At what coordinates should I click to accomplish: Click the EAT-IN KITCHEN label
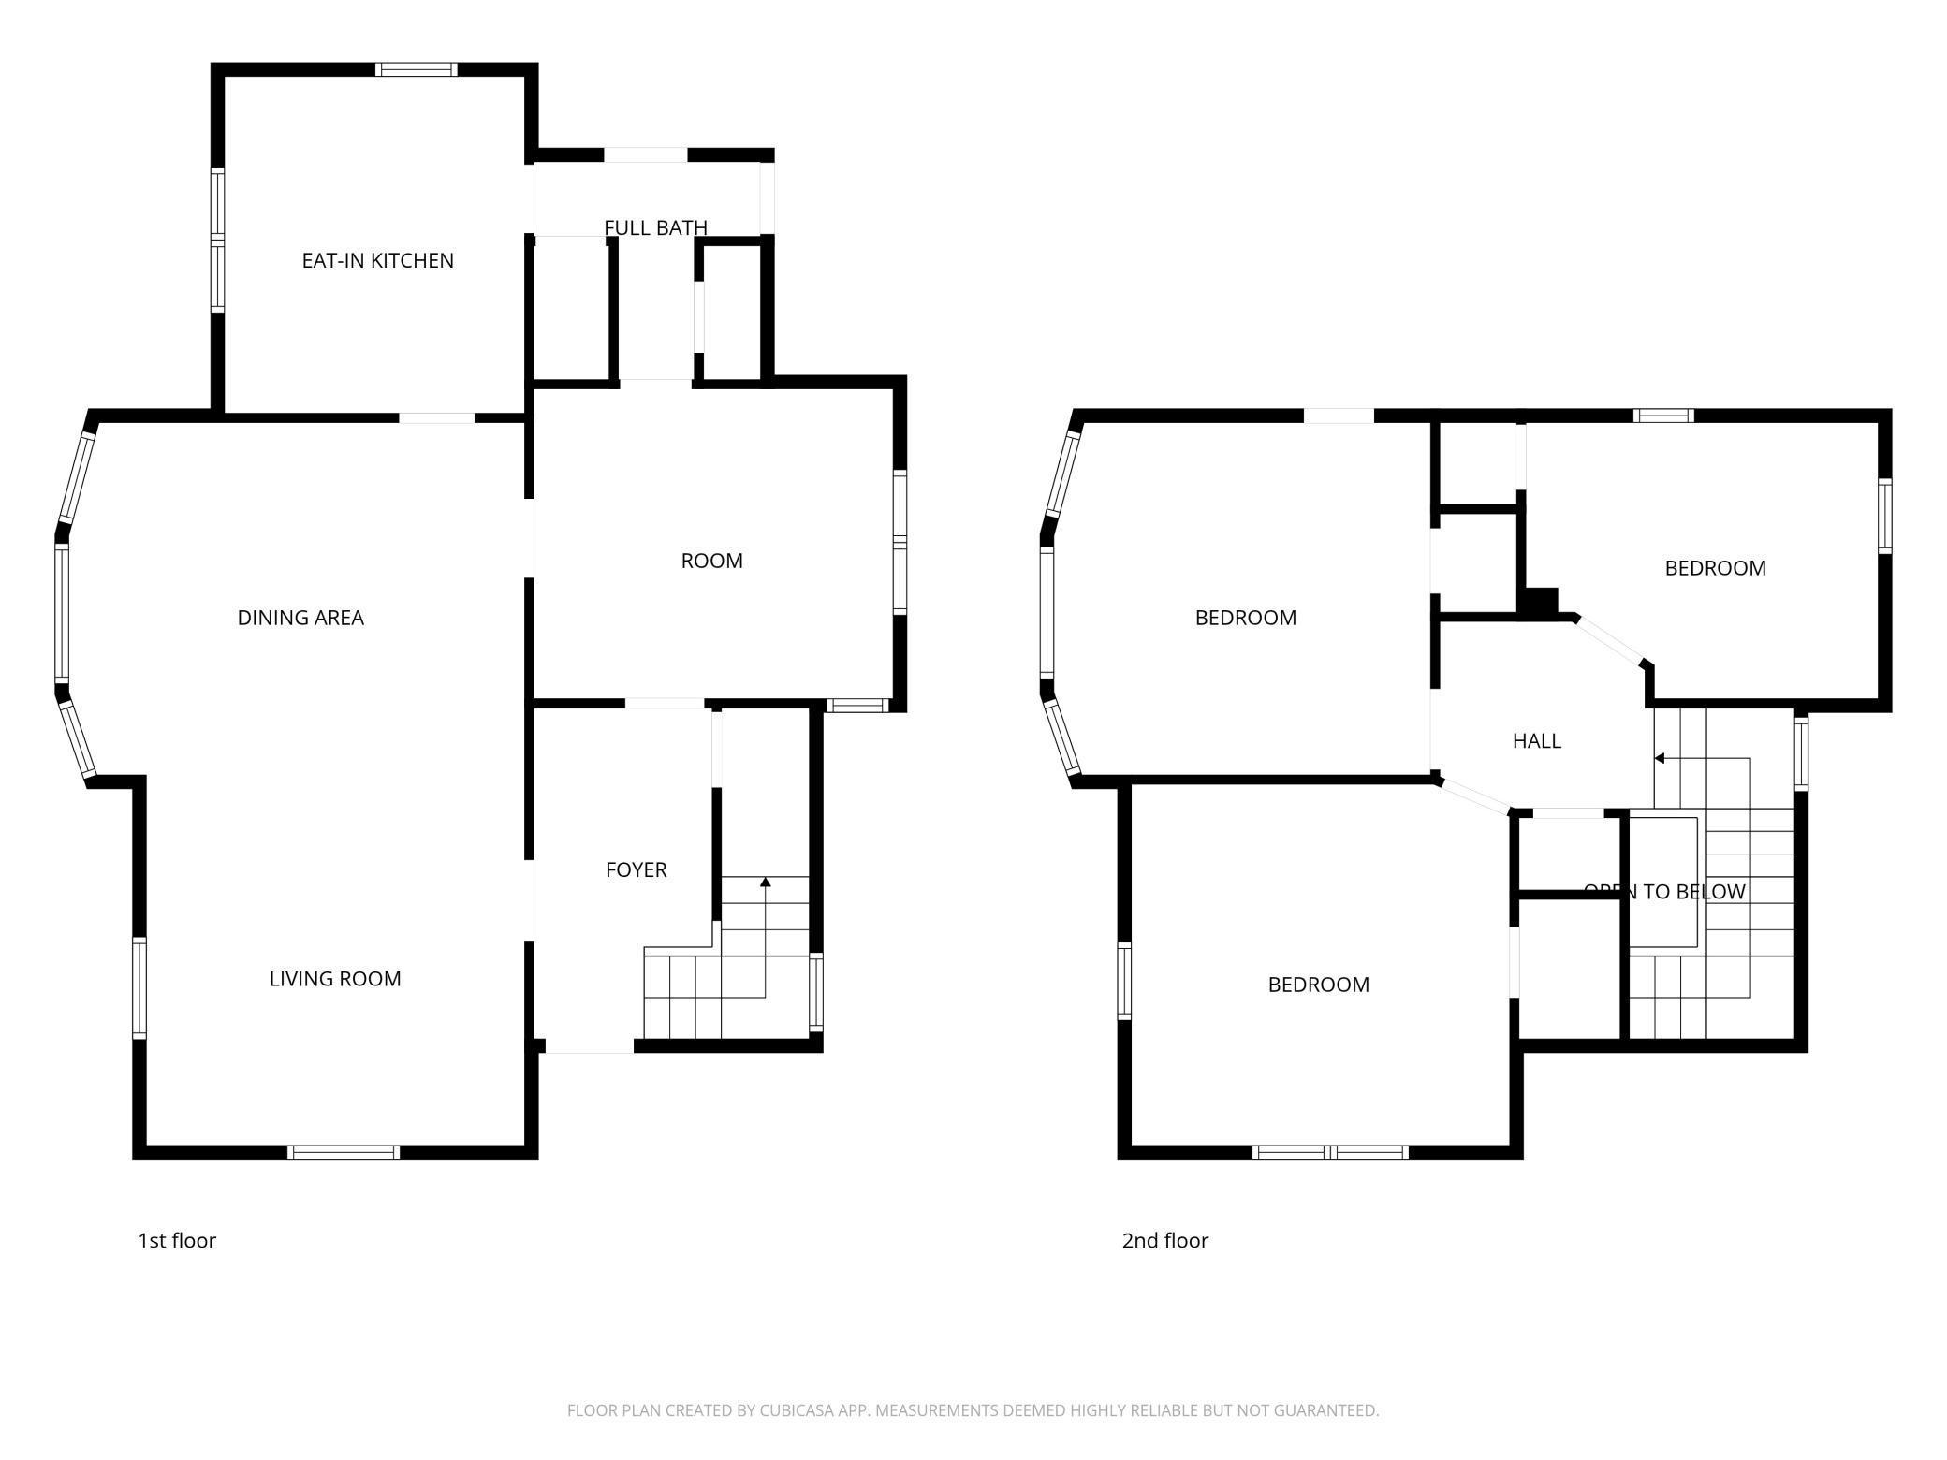[x=377, y=261]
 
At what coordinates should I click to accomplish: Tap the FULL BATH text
[x=655, y=227]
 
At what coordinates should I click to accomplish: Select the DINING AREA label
[x=300, y=618]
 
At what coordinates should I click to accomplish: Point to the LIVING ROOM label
[x=335, y=979]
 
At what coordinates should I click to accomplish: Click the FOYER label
[x=637, y=870]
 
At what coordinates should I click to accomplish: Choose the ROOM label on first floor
[x=711, y=561]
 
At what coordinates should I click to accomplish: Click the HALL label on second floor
[x=1537, y=741]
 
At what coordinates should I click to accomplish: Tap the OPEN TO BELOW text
[x=1664, y=892]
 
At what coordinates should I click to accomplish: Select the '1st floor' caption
[x=177, y=1241]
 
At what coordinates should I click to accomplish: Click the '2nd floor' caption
[x=1165, y=1241]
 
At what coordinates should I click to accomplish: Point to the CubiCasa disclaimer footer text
[x=973, y=1410]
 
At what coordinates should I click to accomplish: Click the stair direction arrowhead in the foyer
[x=766, y=882]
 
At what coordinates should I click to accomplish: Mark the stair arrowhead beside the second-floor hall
[x=1660, y=758]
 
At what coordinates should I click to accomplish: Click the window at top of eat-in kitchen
[x=417, y=69]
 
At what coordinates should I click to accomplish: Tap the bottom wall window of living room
[x=344, y=1152]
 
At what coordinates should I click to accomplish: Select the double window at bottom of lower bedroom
[x=1330, y=1152]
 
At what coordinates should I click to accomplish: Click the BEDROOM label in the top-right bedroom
[x=1715, y=568]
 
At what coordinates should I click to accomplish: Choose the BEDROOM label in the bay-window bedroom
[x=1246, y=618]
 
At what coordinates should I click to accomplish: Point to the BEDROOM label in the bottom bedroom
[x=1318, y=985]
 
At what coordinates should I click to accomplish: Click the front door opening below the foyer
[x=590, y=1047]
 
